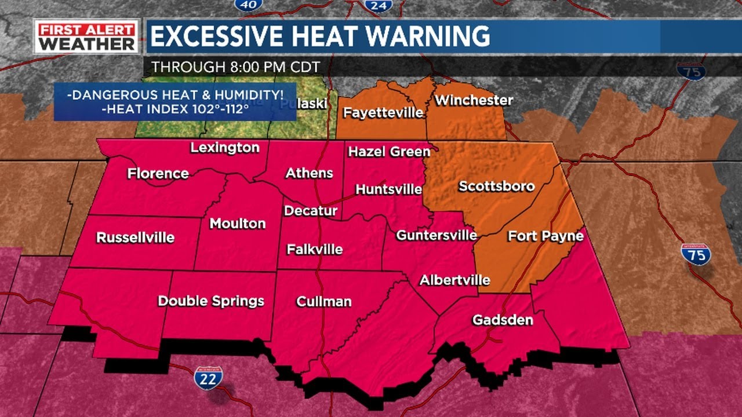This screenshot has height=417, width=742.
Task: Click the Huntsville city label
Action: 388,189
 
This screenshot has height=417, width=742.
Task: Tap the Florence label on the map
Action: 158,173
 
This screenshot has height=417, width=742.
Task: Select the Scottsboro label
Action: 496,186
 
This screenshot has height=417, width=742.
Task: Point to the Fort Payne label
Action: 545,236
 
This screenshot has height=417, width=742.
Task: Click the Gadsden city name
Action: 503,320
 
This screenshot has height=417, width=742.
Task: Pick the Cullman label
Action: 323,301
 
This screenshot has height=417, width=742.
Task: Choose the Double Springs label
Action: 211,301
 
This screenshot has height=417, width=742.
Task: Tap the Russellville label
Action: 135,237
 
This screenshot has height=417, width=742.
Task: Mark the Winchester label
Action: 474,100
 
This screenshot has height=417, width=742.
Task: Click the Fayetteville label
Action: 383,112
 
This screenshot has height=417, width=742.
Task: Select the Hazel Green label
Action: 389,152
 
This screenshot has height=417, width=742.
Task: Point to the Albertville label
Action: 454,280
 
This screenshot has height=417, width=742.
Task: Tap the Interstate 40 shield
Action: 248,4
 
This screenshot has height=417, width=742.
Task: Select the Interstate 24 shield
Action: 379,5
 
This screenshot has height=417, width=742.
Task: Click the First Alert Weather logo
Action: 86,36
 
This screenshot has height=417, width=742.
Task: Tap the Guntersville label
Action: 437,235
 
